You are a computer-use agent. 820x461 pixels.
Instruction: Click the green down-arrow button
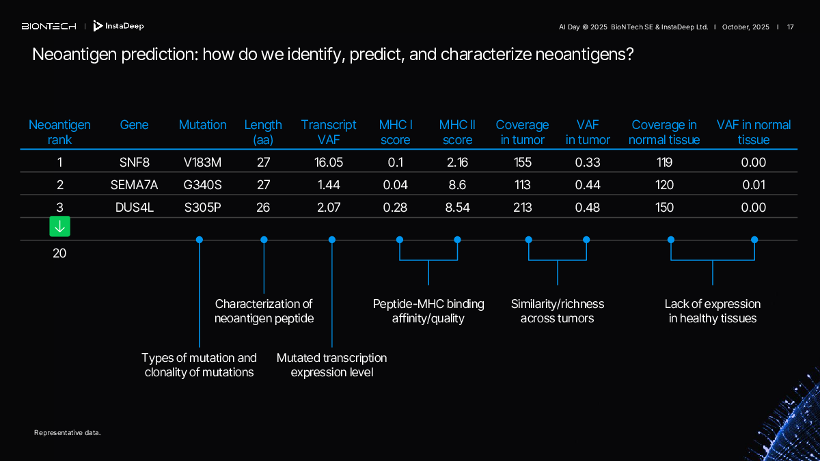coord(59,227)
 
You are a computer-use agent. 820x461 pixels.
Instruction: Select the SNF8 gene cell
coord(134,163)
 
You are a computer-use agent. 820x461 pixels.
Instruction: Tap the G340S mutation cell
coord(202,185)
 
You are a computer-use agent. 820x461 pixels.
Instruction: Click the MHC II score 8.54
coord(457,208)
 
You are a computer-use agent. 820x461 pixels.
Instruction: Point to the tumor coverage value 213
coord(523,208)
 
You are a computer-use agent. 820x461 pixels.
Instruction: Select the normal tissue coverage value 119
coord(664,163)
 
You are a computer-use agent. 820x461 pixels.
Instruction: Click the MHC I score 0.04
coord(395,185)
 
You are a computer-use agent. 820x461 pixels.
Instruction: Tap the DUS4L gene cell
coord(134,208)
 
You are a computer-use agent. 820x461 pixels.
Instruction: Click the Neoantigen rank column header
coord(59,132)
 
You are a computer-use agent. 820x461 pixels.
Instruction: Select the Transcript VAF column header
coord(329,132)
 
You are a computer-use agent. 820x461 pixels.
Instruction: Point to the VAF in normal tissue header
coord(754,132)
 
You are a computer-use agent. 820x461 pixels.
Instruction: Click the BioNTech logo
coord(49,27)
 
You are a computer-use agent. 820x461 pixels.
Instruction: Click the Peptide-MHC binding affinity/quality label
coord(428,311)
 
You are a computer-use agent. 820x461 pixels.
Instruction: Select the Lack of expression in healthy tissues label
coord(713,311)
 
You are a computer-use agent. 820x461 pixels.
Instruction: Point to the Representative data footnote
coord(67,432)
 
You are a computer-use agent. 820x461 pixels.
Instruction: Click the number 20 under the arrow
coord(59,253)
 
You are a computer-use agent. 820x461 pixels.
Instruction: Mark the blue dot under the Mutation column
coord(200,240)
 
